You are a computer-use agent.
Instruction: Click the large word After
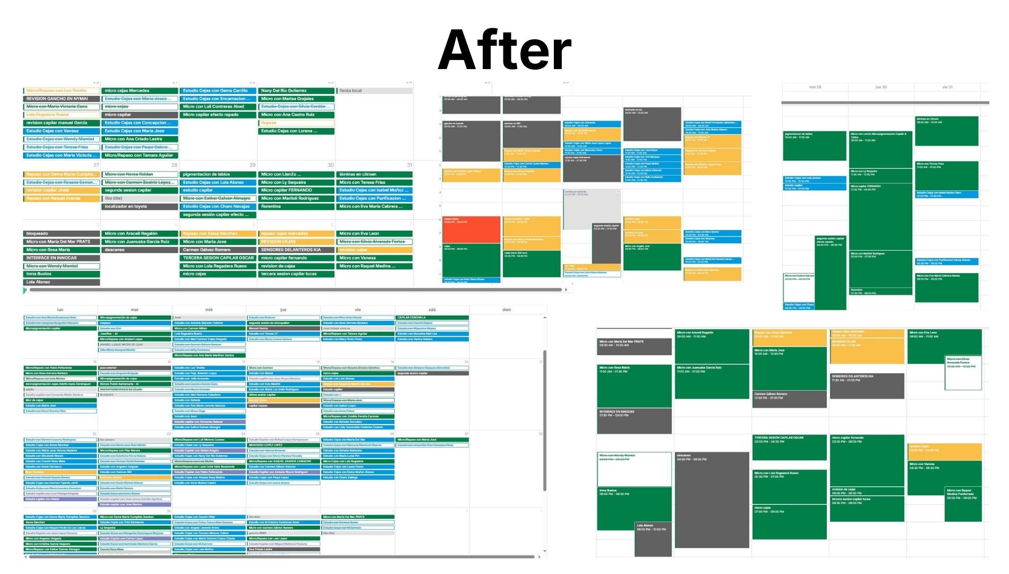pos(504,50)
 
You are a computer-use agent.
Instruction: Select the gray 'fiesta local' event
pos(374,90)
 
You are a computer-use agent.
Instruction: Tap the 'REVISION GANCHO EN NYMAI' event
pos(62,99)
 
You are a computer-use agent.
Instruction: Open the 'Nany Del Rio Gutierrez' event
pos(296,90)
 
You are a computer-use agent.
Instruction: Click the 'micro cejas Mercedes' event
pos(140,90)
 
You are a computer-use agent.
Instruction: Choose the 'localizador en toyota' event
pos(140,206)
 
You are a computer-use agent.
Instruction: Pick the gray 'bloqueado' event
pos(62,233)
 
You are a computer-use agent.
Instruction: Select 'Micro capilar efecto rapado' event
pos(218,115)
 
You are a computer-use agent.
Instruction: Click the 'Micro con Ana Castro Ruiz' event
pos(296,115)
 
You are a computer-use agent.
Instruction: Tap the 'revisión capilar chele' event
pos(62,190)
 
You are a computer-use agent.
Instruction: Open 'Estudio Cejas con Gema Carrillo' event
pos(218,90)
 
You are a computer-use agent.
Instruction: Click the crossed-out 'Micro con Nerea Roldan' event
pos(140,174)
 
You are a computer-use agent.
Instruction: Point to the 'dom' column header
pos(507,309)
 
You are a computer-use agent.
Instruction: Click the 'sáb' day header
pos(432,309)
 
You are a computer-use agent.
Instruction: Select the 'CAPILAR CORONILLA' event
pos(432,317)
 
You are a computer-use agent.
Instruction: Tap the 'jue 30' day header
pos(880,87)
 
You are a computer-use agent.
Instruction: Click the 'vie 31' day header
pos(947,87)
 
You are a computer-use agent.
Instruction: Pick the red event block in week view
pos(471,229)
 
